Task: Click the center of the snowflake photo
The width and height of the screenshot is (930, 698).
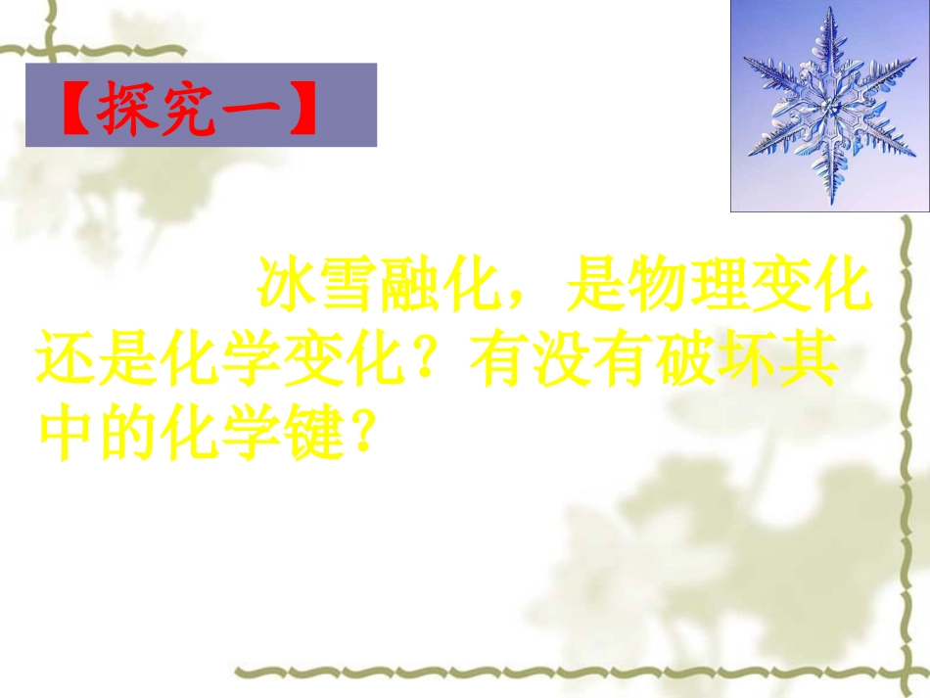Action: pos(829,106)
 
